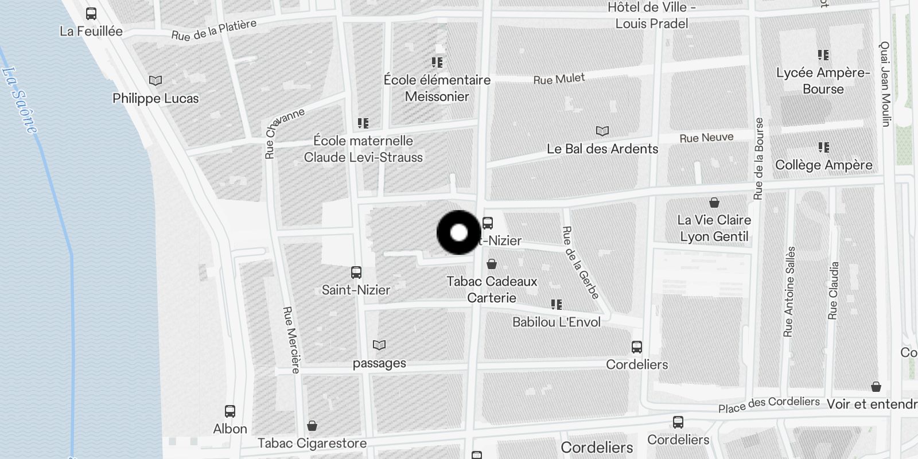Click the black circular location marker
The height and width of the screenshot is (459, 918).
(459, 233)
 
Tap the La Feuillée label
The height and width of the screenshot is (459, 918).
(91, 31)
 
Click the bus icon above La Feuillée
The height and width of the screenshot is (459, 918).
(91, 14)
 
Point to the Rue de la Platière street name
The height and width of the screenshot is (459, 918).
(213, 30)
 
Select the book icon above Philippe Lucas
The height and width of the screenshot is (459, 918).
(155, 81)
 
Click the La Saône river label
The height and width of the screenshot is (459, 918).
(20, 100)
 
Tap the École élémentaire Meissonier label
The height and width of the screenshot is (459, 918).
(437, 88)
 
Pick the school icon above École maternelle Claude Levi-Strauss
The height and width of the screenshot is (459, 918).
(363, 123)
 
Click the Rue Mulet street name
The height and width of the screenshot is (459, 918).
(559, 79)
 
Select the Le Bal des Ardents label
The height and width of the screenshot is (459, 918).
(602, 149)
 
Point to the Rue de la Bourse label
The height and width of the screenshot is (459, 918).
(759, 158)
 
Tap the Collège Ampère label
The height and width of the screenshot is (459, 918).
(823, 165)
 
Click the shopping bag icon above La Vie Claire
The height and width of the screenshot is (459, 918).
(714, 203)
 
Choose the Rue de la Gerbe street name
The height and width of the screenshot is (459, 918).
(581, 262)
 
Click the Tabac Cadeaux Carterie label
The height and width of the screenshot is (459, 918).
(492, 289)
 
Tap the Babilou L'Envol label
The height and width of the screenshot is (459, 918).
(557, 322)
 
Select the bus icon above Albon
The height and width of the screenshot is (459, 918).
(230, 411)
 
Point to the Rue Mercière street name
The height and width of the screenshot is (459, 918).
(291, 340)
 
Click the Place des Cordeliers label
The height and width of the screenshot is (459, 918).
(769, 404)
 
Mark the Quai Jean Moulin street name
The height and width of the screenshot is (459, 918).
(885, 84)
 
